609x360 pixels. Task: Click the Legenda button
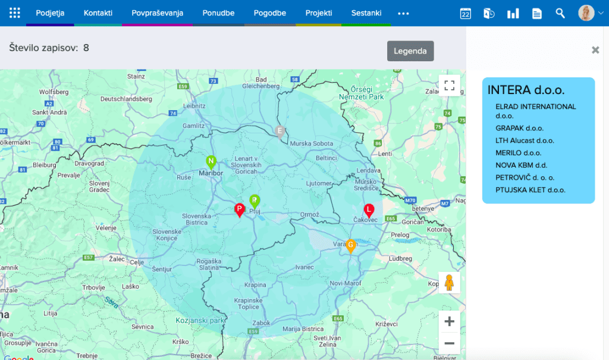(410, 51)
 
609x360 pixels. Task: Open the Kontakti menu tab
(98, 13)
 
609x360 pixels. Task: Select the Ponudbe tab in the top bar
(218, 13)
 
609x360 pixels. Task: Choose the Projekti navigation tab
(319, 13)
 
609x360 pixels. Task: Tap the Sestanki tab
(366, 13)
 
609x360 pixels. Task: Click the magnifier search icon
(560, 13)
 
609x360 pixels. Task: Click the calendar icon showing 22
(466, 13)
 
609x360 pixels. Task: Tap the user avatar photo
(586, 13)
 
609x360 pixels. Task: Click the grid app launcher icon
(15, 13)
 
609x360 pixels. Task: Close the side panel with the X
(595, 50)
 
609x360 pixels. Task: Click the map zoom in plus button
(449, 321)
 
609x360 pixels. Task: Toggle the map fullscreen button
(449, 85)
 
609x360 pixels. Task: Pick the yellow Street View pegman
(449, 283)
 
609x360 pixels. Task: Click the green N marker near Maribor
(211, 161)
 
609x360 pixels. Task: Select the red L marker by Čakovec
(369, 210)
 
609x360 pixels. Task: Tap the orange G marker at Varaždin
(351, 245)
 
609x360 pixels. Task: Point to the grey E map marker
(280, 132)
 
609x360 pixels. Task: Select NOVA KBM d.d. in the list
(521, 165)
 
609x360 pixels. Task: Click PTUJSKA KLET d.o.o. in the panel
(530, 190)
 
